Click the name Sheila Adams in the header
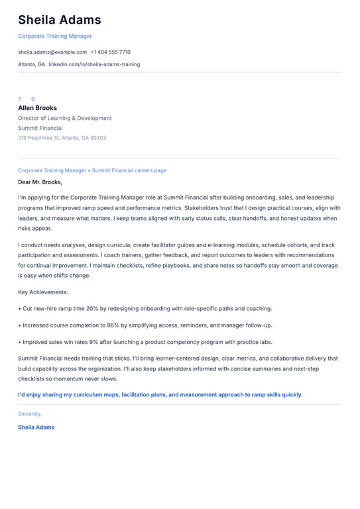click(60, 20)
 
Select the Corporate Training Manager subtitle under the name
click(55, 36)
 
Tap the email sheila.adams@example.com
click(52, 52)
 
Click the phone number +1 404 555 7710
click(111, 52)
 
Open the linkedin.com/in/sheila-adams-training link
click(94, 64)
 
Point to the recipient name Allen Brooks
click(37, 108)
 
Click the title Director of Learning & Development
click(65, 119)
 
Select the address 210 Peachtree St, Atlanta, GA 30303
click(62, 138)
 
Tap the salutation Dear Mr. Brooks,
click(40, 182)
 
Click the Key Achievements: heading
click(43, 292)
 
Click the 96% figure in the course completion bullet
click(113, 325)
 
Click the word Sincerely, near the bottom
click(30, 414)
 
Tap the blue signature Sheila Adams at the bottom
click(36, 427)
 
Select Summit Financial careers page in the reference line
click(129, 170)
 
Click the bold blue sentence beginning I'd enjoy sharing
click(160, 394)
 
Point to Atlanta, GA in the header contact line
click(31, 64)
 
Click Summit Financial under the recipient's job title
click(40, 129)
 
